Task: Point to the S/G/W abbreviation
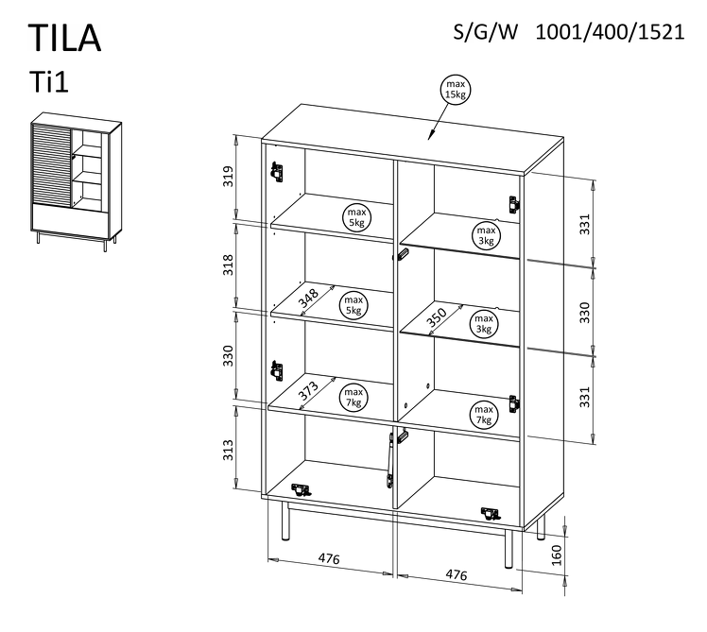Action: tap(487, 31)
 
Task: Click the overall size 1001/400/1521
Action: tap(610, 31)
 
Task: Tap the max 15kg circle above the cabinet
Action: tap(457, 90)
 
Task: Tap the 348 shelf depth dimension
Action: tap(308, 299)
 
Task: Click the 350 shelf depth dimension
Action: tap(436, 317)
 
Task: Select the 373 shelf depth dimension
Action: tap(308, 390)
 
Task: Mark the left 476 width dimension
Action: tap(328, 559)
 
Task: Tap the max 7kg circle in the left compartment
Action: tap(353, 398)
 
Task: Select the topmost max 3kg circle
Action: tap(485, 235)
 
